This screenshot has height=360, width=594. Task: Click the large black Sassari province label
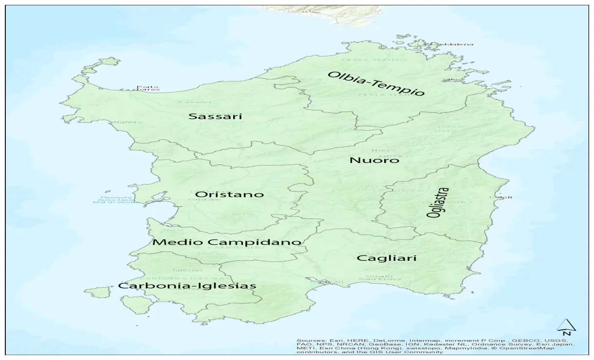[215, 116]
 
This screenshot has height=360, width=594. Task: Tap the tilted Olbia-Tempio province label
[376, 83]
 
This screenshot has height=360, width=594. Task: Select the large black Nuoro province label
[374, 160]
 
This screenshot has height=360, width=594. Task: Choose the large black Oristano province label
[229, 194]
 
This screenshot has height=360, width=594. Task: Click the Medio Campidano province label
[227, 242]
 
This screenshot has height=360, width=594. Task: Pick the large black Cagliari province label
[387, 258]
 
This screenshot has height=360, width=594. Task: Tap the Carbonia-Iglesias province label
[187, 286]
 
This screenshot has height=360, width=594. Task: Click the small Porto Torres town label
[148, 88]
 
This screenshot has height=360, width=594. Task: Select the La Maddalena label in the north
[450, 44]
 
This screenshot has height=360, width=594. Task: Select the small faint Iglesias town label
[184, 270]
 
